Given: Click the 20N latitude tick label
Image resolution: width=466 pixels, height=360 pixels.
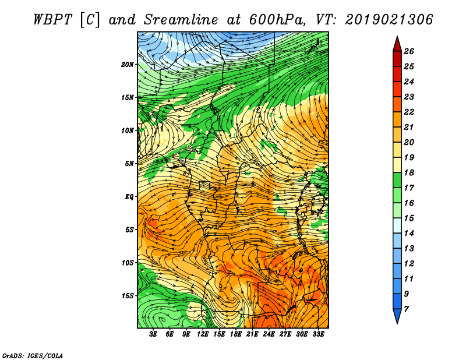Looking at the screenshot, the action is (x=128, y=65).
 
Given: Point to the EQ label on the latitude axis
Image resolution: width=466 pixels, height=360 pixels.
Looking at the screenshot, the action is (x=129, y=197).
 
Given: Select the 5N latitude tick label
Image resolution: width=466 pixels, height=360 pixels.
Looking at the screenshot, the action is (x=129, y=164).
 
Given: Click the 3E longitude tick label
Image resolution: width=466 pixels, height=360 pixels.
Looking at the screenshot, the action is (x=153, y=334).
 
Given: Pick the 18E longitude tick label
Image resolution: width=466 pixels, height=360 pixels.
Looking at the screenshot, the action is (x=235, y=334).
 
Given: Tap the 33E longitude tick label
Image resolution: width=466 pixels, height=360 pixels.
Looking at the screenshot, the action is (x=318, y=334).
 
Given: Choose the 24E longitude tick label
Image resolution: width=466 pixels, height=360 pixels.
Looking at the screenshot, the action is (x=269, y=334).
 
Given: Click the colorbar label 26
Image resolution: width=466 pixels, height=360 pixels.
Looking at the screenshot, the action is (x=409, y=51).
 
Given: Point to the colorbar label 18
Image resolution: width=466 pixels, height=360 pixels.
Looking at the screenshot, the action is (x=409, y=172).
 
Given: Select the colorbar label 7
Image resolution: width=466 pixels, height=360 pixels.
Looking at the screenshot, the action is (x=406, y=309).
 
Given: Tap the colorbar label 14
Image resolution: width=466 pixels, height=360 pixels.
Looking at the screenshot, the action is (x=409, y=234).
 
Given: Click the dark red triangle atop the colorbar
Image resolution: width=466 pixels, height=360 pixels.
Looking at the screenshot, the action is (x=397, y=45).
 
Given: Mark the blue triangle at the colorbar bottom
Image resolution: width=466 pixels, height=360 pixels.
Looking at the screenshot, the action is (x=397, y=315).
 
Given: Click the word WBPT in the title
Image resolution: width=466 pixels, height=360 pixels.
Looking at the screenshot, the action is (x=53, y=20).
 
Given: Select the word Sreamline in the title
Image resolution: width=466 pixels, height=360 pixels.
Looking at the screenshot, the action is (x=181, y=20).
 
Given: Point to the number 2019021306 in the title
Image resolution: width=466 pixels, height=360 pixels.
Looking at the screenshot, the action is (x=389, y=20).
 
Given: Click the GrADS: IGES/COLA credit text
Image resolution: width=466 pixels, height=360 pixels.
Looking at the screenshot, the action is (x=33, y=356).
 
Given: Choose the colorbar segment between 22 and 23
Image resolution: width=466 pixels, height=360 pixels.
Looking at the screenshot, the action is (x=397, y=104).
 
